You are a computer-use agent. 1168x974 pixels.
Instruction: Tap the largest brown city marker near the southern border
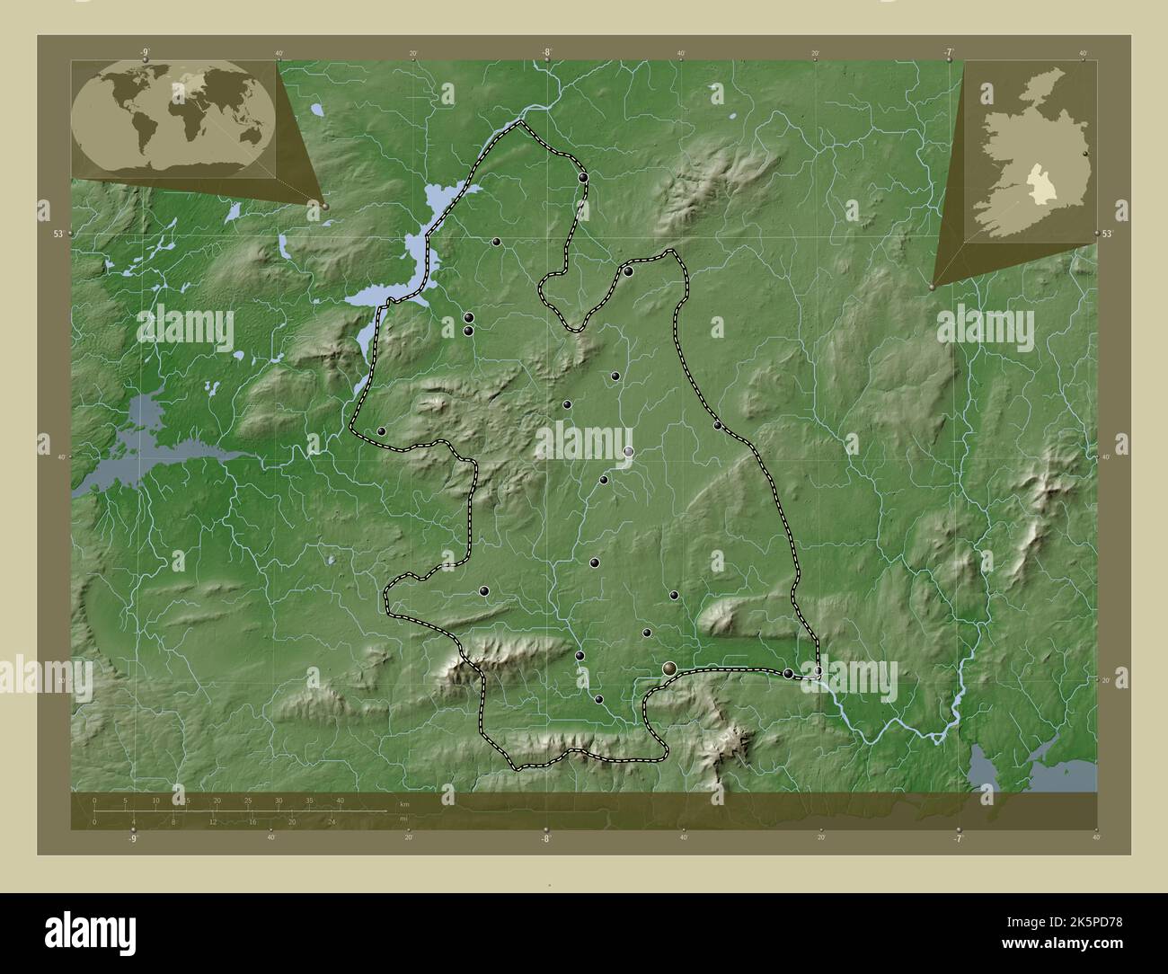(x=669, y=668)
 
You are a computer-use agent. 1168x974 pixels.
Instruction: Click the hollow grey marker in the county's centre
(x=628, y=451)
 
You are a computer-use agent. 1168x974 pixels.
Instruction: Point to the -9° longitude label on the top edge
(x=145, y=53)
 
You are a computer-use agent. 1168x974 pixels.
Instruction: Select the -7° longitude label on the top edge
(x=949, y=53)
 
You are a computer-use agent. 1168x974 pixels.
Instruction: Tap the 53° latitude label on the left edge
(x=58, y=234)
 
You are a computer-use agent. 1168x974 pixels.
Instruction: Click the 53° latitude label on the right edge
(x=1108, y=234)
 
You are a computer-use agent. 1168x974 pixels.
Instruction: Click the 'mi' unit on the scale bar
(x=403, y=819)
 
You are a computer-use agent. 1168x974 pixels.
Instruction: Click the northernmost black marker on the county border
(x=584, y=178)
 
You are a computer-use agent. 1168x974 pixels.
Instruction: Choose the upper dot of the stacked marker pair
(x=469, y=317)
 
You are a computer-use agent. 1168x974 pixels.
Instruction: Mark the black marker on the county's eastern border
(x=717, y=425)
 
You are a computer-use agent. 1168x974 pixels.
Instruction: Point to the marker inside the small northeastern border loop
(x=629, y=271)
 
